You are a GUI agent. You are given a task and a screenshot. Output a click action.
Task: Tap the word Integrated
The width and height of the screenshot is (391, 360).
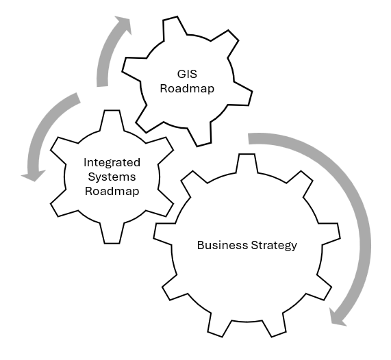(112, 162)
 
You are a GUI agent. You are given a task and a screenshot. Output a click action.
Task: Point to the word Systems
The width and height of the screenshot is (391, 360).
(112, 177)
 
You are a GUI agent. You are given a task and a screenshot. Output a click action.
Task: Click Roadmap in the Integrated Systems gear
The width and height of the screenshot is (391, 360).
(112, 191)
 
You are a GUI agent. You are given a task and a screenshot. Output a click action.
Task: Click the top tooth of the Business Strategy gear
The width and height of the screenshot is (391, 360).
(247, 163)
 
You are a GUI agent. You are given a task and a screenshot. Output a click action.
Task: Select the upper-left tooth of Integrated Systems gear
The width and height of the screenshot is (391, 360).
(62, 146)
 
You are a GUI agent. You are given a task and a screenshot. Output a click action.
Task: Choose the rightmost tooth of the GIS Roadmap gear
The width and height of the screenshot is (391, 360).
(244, 96)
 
